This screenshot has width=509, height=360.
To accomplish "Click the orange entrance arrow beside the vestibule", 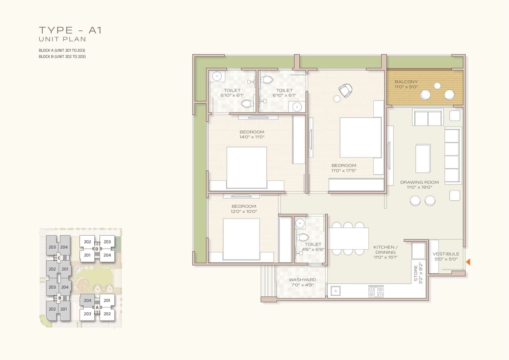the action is [x=468, y=262].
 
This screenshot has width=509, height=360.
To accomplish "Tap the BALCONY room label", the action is [x=406, y=82].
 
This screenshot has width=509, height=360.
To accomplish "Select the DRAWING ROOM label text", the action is [x=419, y=182].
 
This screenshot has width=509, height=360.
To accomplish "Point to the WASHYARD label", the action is [x=302, y=280].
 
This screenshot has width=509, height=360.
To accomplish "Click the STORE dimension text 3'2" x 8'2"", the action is [x=420, y=273].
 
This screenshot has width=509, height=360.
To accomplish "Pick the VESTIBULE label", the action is [x=446, y=254].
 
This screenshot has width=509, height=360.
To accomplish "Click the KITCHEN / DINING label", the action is [x=386, y=250].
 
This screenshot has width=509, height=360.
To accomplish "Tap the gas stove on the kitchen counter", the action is [x=376, y=291].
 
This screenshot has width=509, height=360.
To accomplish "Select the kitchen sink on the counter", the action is [x=336, y=291].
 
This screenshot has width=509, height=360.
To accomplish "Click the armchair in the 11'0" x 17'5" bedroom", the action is [x=345, y=90].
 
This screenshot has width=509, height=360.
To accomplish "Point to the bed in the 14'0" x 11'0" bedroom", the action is [x=247, y=167].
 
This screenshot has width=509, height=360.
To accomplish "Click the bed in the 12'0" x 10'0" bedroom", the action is [x=241, y=239].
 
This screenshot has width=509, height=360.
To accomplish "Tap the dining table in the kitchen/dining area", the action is [x=348, y=238].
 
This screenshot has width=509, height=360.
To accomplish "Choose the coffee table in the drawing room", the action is [x=423, y=158].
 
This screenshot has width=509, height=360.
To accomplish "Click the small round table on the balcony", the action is [x=437, y=86].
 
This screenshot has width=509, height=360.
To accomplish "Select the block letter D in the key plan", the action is [x=97, y=249].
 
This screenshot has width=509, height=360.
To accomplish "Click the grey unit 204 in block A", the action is [x=87, y=300].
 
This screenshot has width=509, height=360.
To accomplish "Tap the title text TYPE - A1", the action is [x=71, y=30].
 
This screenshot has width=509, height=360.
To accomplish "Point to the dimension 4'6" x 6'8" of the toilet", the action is [x=313, y=249].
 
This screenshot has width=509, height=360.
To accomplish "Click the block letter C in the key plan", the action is [x=59, y=258].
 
